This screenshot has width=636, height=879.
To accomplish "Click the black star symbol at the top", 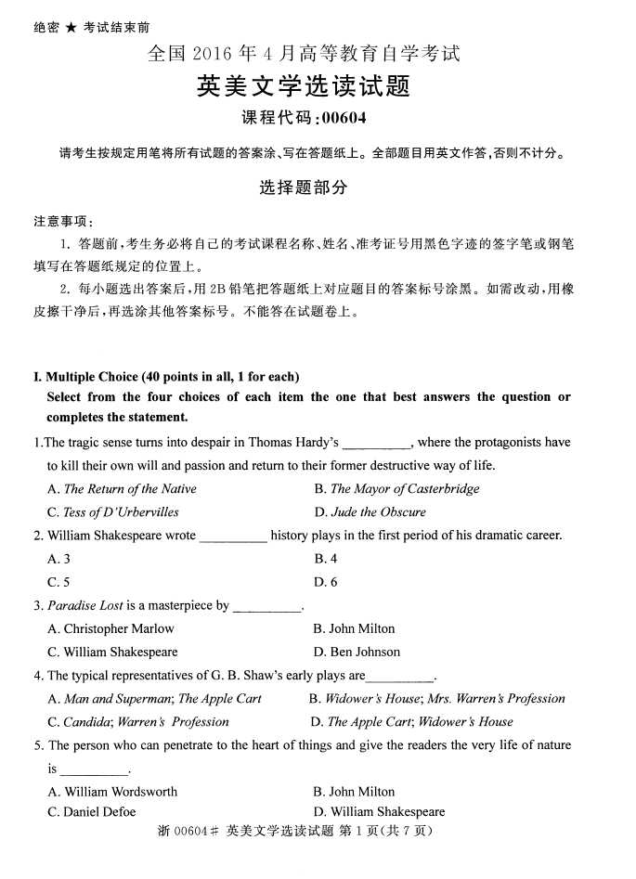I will click(x=71, y=28).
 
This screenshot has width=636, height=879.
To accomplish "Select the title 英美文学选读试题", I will click(x=303, y=86).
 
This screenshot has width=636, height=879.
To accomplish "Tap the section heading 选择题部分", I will click(x=303, y=187).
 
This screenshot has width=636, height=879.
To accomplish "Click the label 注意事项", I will click(x=63, y=222).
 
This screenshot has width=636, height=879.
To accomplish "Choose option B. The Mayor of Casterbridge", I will click(x=396, y=489).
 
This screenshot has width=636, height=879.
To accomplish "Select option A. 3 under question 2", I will click(x=59, y=559).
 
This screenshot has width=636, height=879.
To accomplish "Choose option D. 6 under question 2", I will click(x=326, y=582).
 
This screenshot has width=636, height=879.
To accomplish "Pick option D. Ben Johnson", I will click(x=357, y=652).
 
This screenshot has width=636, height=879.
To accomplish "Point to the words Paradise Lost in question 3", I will click(x=85, y=605).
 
